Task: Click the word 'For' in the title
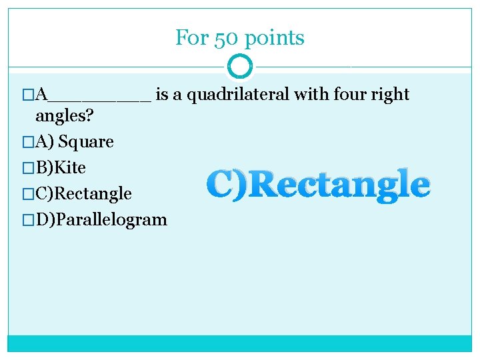point(192,38)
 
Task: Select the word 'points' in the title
point(275,39)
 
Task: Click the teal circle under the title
point(240,67)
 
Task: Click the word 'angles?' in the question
point(64,117)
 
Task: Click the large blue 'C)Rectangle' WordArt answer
point(318,185)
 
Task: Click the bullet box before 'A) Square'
point(27,142)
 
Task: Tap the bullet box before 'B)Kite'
point(27,167)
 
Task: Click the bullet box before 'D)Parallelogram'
point(27,219)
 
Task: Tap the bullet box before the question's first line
point(27,95)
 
